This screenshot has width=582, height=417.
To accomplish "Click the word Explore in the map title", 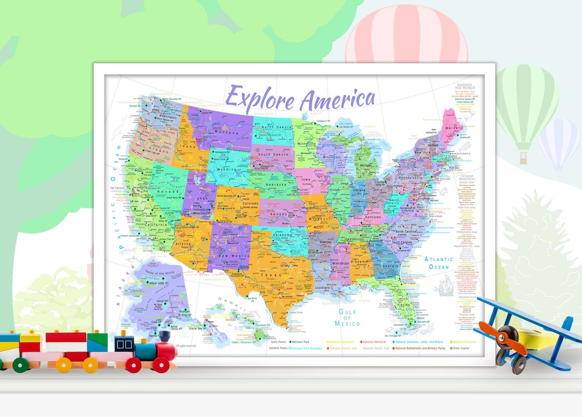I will click(x=261, y=99).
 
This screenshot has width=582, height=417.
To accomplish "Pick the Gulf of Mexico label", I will click(x=347, y=317).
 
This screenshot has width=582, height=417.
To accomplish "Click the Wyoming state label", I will click(x=227, y=169).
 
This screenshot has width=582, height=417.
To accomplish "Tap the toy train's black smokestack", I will click(x=165, y=338).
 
